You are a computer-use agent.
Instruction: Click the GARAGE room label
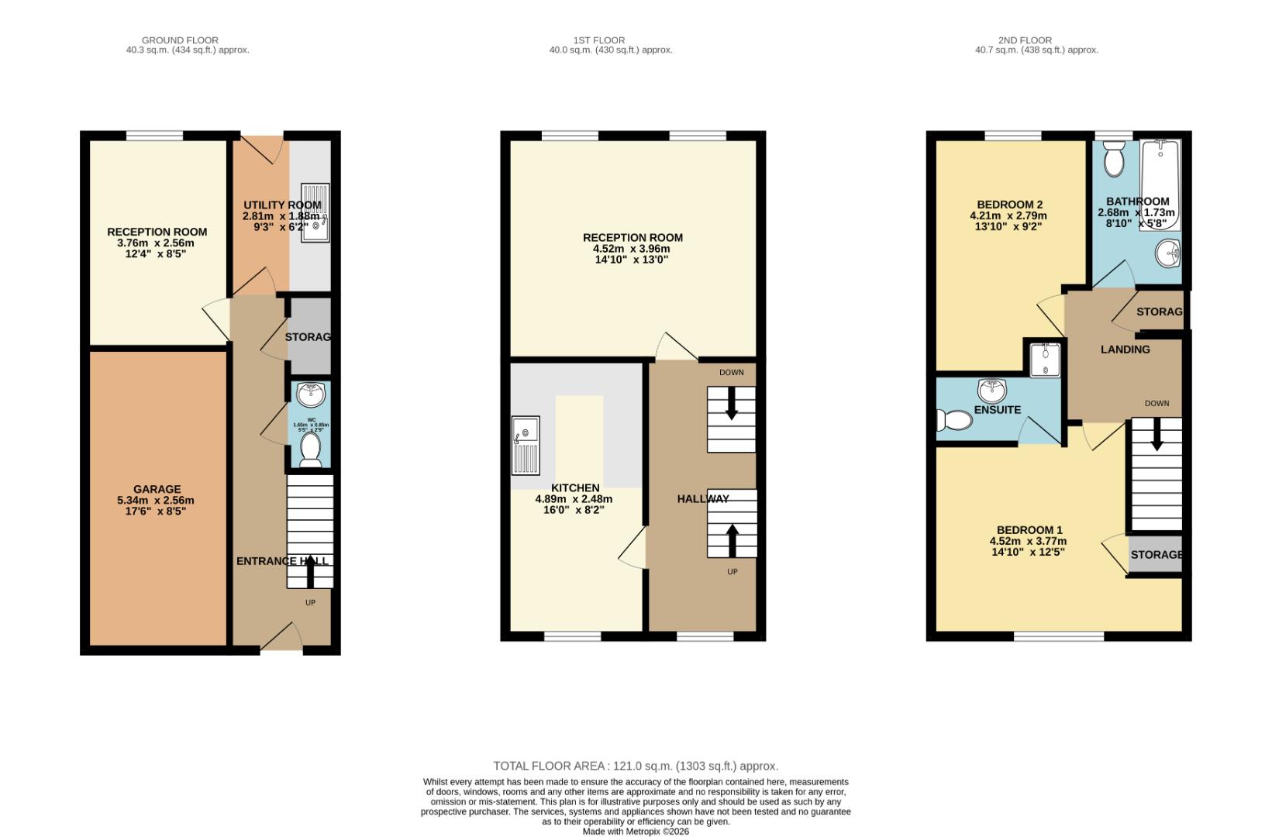pos(157,489)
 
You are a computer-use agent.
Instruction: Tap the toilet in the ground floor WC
pos(311,449)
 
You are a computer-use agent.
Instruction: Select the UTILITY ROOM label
pos(282,205)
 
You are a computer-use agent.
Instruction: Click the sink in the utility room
pos(316,213)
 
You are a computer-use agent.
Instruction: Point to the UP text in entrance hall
pos(310,602)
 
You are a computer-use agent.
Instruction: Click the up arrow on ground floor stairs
pos(311,571)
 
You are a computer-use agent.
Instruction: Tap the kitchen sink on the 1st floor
pos(526,446)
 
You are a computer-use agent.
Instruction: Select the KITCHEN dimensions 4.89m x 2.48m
pos(574,499)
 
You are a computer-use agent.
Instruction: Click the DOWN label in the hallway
pos(731,373)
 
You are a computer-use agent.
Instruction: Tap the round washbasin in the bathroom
pos(1167,252)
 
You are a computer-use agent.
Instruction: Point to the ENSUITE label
pos(998,410)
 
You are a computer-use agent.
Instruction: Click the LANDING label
pos(1125,350)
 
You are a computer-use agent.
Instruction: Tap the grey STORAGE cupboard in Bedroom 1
pos(1155,555)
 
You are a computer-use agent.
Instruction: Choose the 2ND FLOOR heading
pos(1036,40)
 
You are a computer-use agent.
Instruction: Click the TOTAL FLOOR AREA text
pos(636,766)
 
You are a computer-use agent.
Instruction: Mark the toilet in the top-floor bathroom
pos(1115,160)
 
